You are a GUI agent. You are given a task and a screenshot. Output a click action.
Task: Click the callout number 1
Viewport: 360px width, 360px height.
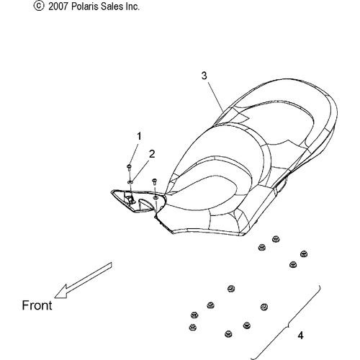(139, 136)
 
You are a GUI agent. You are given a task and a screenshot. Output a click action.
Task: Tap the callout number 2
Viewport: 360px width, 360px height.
(152, 154)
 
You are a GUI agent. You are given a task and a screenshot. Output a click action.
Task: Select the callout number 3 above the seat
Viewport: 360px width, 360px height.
(204, 76)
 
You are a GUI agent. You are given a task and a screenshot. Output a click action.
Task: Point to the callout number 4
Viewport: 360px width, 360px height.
(300, 335)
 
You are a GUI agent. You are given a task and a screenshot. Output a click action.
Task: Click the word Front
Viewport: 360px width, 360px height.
(37, 305)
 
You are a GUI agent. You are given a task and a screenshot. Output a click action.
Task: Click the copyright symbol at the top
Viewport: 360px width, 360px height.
(39, 6)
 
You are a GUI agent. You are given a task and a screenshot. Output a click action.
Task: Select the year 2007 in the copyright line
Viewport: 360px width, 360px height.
(58, 6)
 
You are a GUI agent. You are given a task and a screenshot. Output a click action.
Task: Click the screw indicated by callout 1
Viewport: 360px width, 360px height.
(129, 167)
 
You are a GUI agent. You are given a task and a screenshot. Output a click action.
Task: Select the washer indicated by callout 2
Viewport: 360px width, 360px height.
(130, 182)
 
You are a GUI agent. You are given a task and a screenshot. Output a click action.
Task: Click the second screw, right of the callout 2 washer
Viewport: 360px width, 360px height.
(155, 181)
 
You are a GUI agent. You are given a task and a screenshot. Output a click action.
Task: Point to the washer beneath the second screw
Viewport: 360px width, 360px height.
(156, 197)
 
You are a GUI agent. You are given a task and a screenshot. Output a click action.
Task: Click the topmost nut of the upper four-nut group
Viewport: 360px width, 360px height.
(276, 239)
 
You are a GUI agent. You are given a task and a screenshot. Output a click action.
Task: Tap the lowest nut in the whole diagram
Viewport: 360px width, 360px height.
(228, 334)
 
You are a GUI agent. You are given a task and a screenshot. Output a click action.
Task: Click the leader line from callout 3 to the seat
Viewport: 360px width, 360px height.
(216, 96)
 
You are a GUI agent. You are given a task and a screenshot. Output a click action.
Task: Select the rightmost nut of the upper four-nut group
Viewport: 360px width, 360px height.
(304, 254)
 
